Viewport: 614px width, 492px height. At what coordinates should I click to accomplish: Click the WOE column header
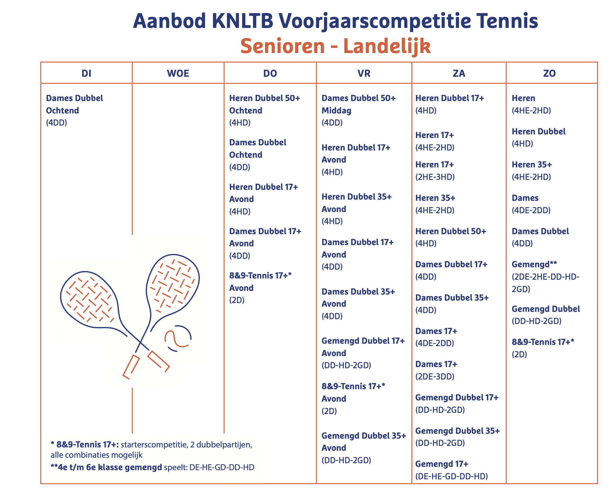click(178, 73)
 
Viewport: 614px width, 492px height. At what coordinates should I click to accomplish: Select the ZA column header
click(459, 73)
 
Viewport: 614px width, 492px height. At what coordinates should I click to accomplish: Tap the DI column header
click(86, 73)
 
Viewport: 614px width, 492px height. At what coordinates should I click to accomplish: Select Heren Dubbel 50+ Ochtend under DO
click(265, 104)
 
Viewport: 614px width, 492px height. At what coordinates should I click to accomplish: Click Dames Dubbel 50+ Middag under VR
click(359, 104)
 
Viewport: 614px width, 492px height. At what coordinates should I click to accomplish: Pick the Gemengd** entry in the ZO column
click(534, 264)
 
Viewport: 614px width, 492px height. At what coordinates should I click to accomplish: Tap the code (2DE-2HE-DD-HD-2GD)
click(545, 283)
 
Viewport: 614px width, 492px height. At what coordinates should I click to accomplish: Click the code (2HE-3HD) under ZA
click(435, 177)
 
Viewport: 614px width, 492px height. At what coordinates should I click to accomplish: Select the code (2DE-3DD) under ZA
click(435, 376)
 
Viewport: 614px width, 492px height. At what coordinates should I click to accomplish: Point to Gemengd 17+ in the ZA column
click(442, 464)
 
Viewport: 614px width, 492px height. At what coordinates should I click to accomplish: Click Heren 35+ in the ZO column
click(532, 165)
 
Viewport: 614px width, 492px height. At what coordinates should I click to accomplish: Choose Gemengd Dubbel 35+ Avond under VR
click(364, 442)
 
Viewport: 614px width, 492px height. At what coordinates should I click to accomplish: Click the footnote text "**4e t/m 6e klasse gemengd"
click(106, 467)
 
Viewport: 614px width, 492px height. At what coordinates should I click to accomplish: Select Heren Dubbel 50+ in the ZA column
click(450, 231)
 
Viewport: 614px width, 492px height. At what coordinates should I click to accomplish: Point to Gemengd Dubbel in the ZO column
click(546, 309)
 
